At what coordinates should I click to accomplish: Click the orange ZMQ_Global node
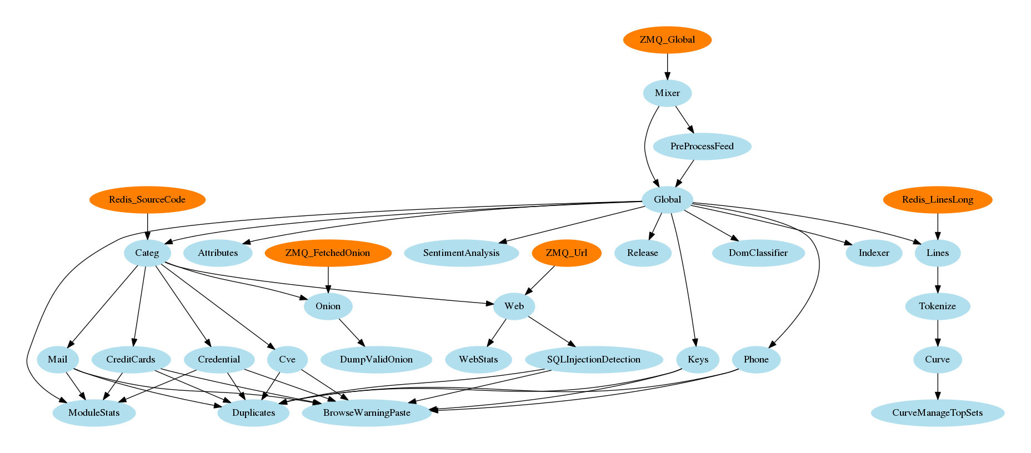point(667,40)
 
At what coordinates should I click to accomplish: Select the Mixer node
point(667,93)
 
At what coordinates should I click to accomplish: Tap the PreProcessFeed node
point(702,147)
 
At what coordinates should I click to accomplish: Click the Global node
point(667,200)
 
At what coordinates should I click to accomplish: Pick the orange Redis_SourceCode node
point(147,200)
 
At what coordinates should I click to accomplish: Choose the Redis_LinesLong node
point(938,200)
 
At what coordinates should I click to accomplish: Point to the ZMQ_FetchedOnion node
point(328,253)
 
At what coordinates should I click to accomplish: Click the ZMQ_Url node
point(566,253)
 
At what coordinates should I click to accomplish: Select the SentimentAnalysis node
point(461,253)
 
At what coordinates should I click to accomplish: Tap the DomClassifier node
point(758,253)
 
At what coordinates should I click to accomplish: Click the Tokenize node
point(938,306)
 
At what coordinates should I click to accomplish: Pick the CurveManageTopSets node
point(938,413)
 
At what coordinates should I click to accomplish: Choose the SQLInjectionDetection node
point(593,360)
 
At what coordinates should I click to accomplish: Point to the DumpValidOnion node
point(376,360)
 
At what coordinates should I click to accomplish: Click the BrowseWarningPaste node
point(367,413)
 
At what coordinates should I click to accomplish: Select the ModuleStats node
point(94,413)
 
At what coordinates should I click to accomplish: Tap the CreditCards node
point(131,360)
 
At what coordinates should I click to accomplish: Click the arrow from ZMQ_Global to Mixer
point(667,67)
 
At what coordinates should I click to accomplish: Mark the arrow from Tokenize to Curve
point(938,333)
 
